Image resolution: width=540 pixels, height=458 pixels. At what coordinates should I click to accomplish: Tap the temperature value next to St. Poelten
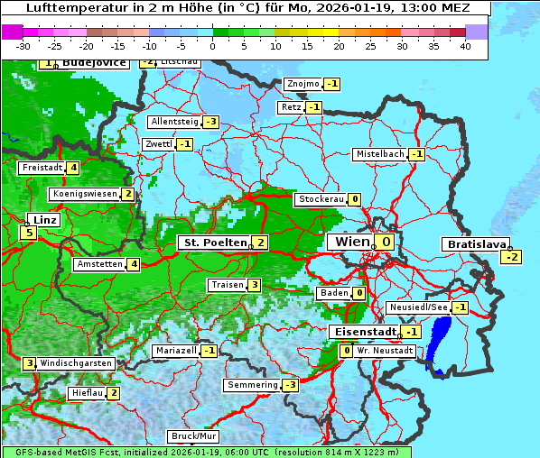click(259, 242)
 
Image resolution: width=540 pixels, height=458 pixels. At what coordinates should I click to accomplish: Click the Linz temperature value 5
click(29, 233)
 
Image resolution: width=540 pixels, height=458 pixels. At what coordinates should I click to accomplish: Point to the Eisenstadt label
click(363, 332)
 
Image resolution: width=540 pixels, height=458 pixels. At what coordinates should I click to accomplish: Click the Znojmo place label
click(303, 84)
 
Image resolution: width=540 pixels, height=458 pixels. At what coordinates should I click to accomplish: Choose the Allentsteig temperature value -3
click(210, 122)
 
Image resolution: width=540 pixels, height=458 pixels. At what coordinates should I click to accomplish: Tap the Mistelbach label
click(380, 154)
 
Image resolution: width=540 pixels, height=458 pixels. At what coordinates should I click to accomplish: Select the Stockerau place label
click(320, 199)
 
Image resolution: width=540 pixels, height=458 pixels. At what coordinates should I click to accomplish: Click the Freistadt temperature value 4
click(73, 168)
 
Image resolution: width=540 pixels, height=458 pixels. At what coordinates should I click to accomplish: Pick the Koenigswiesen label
click(84, 194)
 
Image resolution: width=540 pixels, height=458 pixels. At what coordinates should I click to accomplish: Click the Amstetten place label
click(99, 264)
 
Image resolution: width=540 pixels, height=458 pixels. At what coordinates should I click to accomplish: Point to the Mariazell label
click(175, 350)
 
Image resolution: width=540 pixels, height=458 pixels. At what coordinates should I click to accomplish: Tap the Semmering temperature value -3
click(290, 385)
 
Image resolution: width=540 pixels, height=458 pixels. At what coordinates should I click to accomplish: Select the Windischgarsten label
click(76, 363)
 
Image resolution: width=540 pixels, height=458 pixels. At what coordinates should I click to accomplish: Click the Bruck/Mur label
click(193, 436)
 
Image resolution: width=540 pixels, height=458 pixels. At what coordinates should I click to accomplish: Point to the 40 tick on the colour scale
click(465, 46)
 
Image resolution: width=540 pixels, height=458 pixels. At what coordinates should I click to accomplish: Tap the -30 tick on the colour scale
click(23, 46)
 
